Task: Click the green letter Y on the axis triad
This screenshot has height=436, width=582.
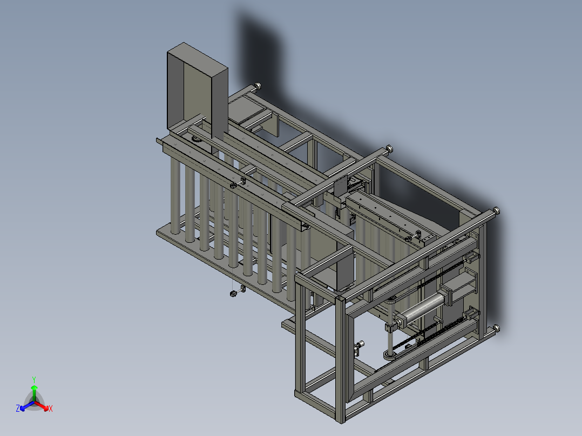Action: pyautogui.click(x=34, y=379)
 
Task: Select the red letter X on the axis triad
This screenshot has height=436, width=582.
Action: pyautogui.click(x=50, y=409)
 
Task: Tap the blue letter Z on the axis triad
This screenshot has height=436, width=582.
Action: pyautogui.click(x=18, y=409)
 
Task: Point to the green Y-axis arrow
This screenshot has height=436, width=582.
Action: pyautogui.click(x=34, y=391)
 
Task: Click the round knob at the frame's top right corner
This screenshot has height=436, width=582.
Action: pyautogui.click(x=496, y=211)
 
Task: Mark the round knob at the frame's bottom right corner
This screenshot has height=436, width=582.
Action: pyautogui.click(x=495, y=329)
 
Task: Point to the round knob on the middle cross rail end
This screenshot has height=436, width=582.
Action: pyautogui.click(x=389, y=148)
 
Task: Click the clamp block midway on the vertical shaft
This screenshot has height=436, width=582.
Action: pyautogui.click(x=389, y=327)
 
